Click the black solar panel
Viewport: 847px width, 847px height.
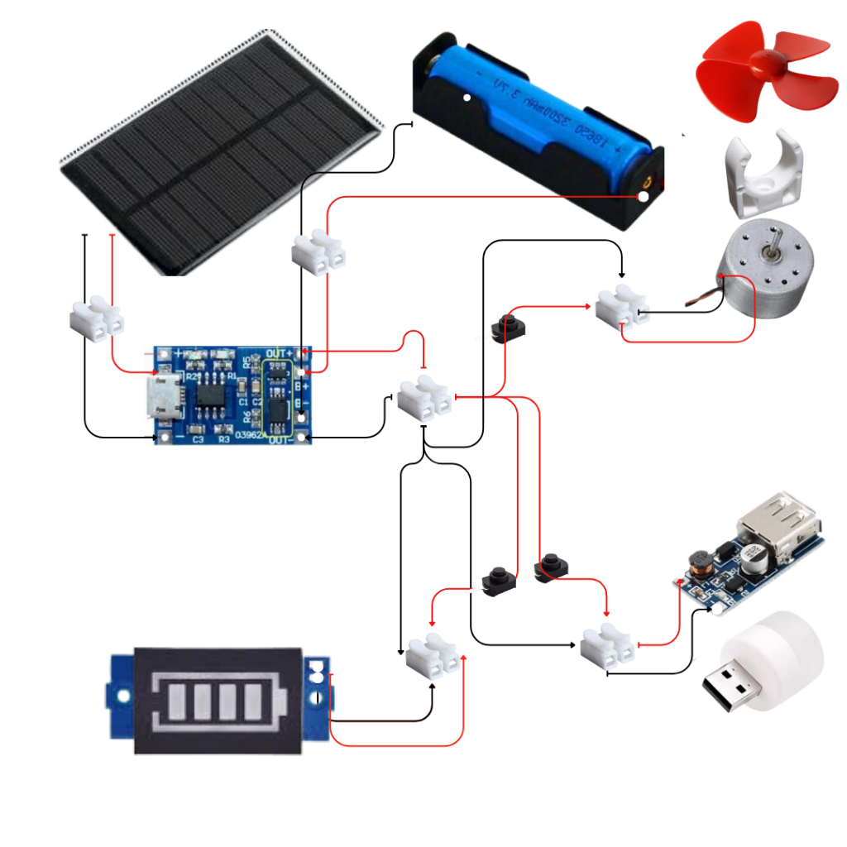click(219, 153)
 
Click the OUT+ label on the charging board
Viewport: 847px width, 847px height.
click(277, 353)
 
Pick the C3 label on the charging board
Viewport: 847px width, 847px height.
click(198, 439)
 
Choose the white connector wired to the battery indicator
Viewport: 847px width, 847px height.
click(433, 653)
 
